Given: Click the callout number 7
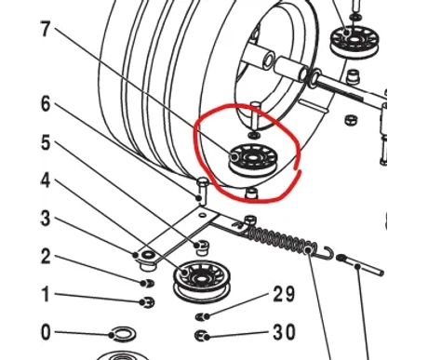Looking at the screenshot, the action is [46, 30].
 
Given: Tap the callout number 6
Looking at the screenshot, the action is [46, 104].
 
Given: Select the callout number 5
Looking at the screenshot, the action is [46, 142].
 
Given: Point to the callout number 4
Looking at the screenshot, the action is [46, 180].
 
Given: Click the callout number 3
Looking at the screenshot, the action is [46, 219].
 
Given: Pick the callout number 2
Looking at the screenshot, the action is [46, 257].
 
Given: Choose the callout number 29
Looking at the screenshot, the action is [284, 294].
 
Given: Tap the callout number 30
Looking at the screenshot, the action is [284, 332].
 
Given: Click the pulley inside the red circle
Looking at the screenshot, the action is [253, 161].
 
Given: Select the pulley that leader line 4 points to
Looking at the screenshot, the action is [201, 282].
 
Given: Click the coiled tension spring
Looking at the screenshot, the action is [283, 240].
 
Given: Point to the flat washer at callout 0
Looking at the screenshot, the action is [123, 334].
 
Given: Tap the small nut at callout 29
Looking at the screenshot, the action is [202, 316].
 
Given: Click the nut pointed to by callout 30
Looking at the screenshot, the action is [201, 336].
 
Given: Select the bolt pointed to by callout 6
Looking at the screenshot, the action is [203, 191].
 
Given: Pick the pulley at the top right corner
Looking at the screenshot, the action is [354, 42].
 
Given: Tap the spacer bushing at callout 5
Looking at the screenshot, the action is [202, 247].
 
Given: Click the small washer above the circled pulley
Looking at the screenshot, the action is [254, 135].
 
